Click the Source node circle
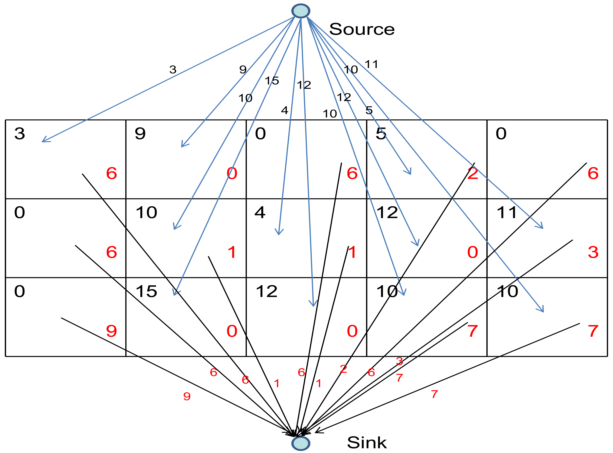[301, 11]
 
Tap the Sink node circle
[301, 443]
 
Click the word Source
[362, 29]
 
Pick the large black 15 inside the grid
[146, 291]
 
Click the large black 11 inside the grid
[507, 213]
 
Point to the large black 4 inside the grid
[260, 213]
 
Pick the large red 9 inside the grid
[111, 331]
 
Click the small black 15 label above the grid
[272, 81]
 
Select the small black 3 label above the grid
[173, 69]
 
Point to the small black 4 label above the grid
[284, 110]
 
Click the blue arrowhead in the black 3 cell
[44, 141]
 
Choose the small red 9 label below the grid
[187, 396]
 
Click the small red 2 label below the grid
[343, 369]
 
